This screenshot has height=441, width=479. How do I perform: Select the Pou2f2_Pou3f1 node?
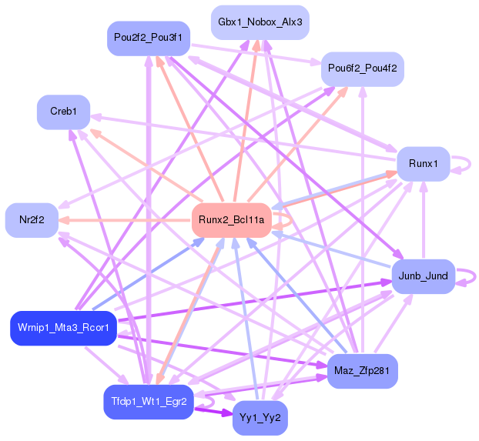[x=148, y=38]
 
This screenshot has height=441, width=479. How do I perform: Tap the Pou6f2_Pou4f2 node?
[x=362, y=68]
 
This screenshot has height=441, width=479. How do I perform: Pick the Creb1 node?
[x=63, y=112]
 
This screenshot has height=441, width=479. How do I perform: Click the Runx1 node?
[x=423, y=163]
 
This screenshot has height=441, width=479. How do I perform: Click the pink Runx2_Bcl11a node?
[x=231, y=221]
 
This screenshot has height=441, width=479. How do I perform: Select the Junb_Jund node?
[x=423, y=276]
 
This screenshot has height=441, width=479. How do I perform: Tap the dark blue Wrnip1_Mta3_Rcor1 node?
[x=63, y=328]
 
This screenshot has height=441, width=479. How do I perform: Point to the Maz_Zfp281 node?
[x=361, y=370]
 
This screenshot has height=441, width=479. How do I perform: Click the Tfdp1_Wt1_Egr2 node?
[x=148, y=403]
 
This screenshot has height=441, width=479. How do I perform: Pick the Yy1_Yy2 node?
[x=260, y=418]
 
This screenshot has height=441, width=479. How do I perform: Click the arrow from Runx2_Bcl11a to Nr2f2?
[x=123, y=221]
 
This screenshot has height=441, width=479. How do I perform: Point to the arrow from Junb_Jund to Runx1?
[x=423, y=223]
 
